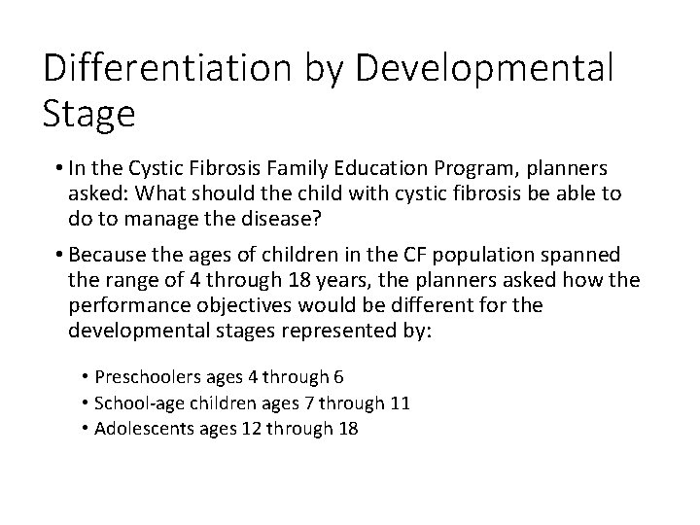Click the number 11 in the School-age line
399,402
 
